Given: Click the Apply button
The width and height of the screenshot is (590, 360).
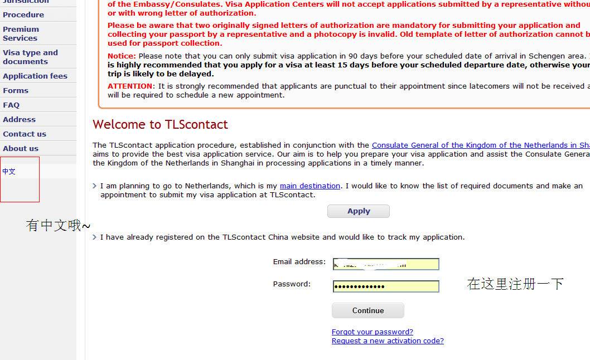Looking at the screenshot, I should [x=358, y=211].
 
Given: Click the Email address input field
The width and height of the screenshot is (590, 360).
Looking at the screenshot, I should [x=386, y=264].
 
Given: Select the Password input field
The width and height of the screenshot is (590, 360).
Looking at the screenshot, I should [x=386, y=286].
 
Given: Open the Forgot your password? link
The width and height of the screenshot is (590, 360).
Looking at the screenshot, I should [x=372, y=332].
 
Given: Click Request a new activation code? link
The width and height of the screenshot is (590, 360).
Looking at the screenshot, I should [x=388, y=340].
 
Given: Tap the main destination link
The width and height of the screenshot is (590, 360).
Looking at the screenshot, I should [x=309, y=186].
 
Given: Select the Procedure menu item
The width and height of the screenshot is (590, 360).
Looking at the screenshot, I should [x=23, y=14].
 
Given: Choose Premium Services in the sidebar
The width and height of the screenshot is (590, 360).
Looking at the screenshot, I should [x=21, y=33].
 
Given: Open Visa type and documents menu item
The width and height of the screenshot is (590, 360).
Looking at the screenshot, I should [x=30, y=57].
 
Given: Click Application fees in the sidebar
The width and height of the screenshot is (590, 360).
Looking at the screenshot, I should [x=35, y=76].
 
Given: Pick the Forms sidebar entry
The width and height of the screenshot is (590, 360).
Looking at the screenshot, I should [x=16, y=90].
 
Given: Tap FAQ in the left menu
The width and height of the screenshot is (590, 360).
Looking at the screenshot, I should [x=11, y=105].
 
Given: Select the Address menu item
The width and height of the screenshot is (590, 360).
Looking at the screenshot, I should [x=19, y=119].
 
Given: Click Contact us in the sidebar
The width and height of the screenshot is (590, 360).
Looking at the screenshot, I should [x=25, y=134].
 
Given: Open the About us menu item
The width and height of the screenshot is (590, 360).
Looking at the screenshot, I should [x=21, y=148].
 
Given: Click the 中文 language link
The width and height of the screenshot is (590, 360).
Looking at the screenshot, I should [x=9, y=172].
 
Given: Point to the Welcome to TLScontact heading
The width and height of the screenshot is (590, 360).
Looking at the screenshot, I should [x=160, y=124].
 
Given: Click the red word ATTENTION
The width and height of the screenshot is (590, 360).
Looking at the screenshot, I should [x=129, y=86].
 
